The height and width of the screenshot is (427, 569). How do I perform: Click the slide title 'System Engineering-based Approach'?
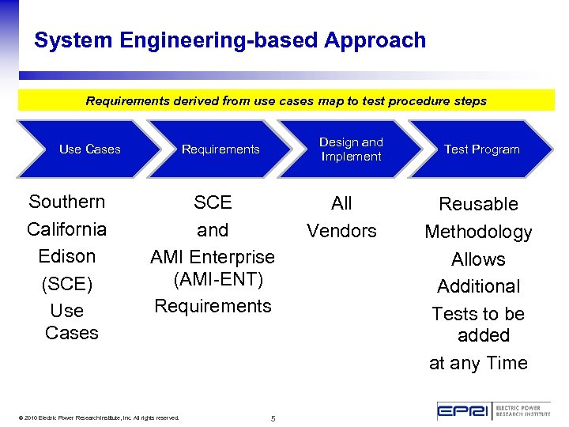[x=230, y=40]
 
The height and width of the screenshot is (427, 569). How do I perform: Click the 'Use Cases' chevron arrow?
[x=89, y=149]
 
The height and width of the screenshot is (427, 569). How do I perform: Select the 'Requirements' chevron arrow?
[x=220, y=149]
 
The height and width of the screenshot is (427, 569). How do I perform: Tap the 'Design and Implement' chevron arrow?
[x=351, y=149]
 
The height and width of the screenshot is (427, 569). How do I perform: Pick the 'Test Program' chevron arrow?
[x=481, y=149]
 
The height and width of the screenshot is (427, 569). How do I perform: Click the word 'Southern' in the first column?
[x=67, y=202]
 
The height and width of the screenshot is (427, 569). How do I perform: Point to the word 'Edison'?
[x=67, y=256]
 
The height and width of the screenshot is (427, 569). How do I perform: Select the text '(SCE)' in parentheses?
[x=67, y=283]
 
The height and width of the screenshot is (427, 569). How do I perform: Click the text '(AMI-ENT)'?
[x=217, y=281]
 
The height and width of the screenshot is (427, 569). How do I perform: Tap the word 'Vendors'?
[x=341, y=231]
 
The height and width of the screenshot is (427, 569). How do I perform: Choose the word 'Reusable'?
[x=478, y=204]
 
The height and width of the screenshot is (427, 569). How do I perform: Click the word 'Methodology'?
[x=478, y=232]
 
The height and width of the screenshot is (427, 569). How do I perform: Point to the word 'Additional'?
[x=478, y=286]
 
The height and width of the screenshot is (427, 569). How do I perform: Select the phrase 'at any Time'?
[x=478, y=363]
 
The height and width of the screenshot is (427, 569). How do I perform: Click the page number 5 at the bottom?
[x=273, y=418]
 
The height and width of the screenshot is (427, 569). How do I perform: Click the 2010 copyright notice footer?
[x=100, y=418]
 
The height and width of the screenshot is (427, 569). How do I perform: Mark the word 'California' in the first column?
[x=67, y=229]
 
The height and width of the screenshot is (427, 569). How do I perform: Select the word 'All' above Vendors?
[x=341, y=203]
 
